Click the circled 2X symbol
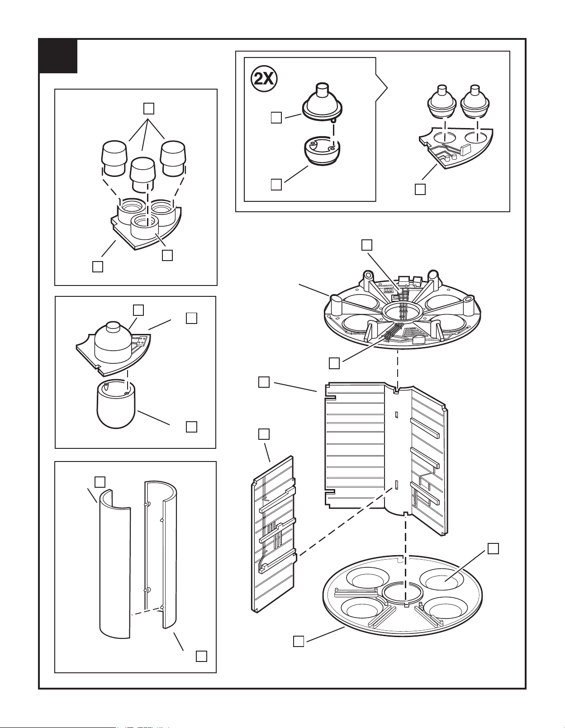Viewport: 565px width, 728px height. pyautogui.click(x=264, y=79)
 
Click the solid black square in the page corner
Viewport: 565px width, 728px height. pyautogui.click(x=58, y=56)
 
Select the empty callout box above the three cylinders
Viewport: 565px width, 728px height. pyautogui.click(x=149, y=108)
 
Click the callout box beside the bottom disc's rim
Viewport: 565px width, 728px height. pyautogui.click(x=299, y=641)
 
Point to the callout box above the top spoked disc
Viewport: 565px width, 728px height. pyautogui.click(x=367, y=245)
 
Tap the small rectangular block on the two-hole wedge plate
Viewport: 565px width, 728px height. pyautogui.click(x=465, y=149)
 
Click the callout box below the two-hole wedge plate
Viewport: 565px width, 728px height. pyautogui.click(x=420, y=189)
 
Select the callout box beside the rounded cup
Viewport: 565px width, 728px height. pyautogui.click(x=191, y=427)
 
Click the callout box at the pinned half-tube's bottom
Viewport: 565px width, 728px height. pyautogui.click(x=201, y=656)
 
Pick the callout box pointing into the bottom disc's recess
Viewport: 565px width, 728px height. pyautogui.click(x=493, y=549)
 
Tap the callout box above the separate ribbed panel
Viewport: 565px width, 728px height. pyautogui.click(x=264, y=434)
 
